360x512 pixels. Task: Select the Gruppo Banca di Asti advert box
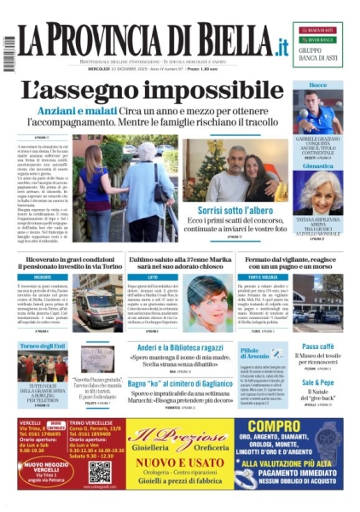[x=319, y=42]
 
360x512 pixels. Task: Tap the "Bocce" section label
[x=318, y=86]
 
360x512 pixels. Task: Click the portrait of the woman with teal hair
[x=203, y=300]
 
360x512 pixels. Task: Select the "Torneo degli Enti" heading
[x=42, y=345]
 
